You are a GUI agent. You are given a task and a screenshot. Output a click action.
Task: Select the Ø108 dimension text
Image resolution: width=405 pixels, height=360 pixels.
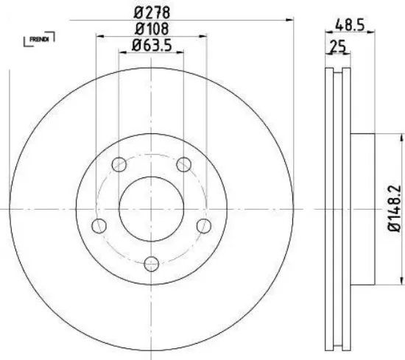tap(151, 29)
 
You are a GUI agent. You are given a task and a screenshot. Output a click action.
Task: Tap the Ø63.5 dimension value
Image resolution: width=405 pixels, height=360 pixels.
tap(151, 46)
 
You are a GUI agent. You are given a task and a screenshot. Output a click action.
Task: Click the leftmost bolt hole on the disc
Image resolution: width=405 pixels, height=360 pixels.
tap(99, 225)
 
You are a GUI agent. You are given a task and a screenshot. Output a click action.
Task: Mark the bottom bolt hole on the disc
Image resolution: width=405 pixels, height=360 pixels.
tap(151, 263)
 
